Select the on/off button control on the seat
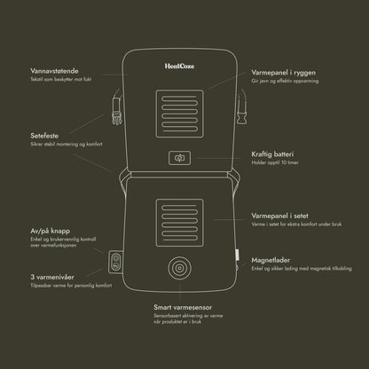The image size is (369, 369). pos(116,261)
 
